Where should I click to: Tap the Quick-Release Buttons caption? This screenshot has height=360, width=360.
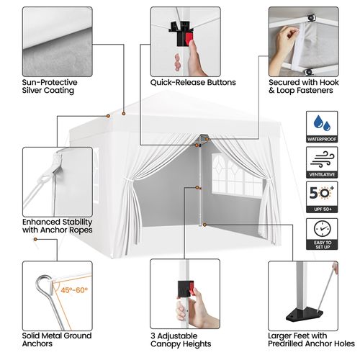click(193, 82)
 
